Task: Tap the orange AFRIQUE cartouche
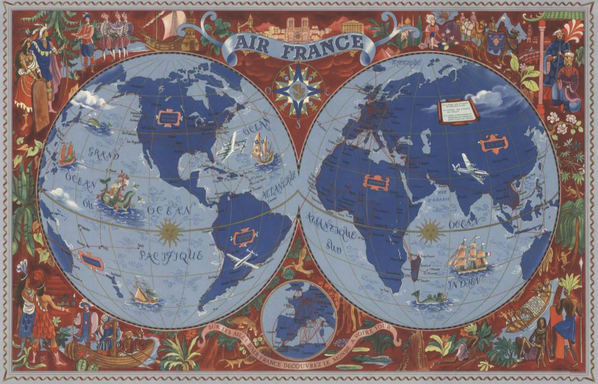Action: click(376, 182)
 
